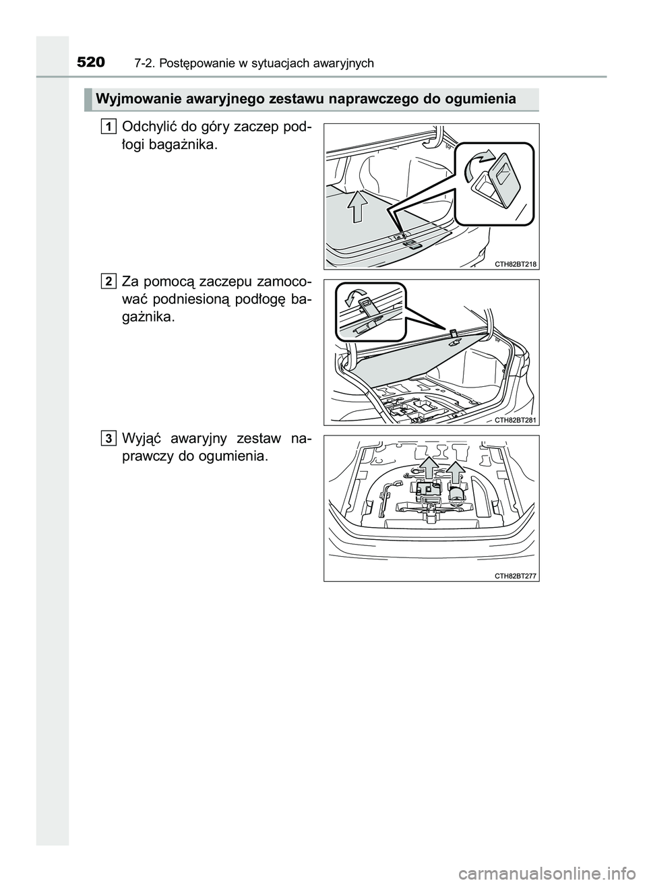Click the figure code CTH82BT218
516,264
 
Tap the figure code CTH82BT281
516,419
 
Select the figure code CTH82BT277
516,576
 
